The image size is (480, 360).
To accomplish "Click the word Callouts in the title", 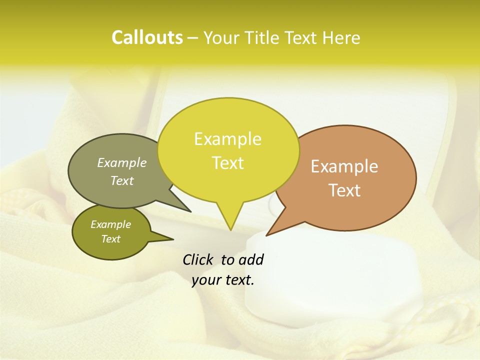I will pos(147,37).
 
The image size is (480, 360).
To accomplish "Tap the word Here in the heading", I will pos(340,37).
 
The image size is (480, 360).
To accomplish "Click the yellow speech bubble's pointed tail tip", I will pos(230,230).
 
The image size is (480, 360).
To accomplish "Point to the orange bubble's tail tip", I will pos(266,235).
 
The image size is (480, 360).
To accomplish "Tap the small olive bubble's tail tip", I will pos(173,239).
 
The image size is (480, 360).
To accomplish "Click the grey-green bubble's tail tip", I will pos(190,211).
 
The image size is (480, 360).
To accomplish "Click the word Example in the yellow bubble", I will pos(227,139).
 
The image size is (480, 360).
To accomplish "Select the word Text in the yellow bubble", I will pos(227,163).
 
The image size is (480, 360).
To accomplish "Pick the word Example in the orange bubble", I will pos(344,166).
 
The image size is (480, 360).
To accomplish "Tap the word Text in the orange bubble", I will pos(344,190).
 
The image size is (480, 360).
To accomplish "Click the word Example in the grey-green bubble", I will pos(122,162).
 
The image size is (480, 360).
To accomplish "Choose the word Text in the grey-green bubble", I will pos(122,180).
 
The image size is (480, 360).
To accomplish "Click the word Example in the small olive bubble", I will pos(110,224).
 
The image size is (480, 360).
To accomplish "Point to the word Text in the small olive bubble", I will pos(110,239).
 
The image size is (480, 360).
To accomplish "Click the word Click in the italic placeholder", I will pos(198,259).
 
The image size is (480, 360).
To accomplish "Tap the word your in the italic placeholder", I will pos(205,280).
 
